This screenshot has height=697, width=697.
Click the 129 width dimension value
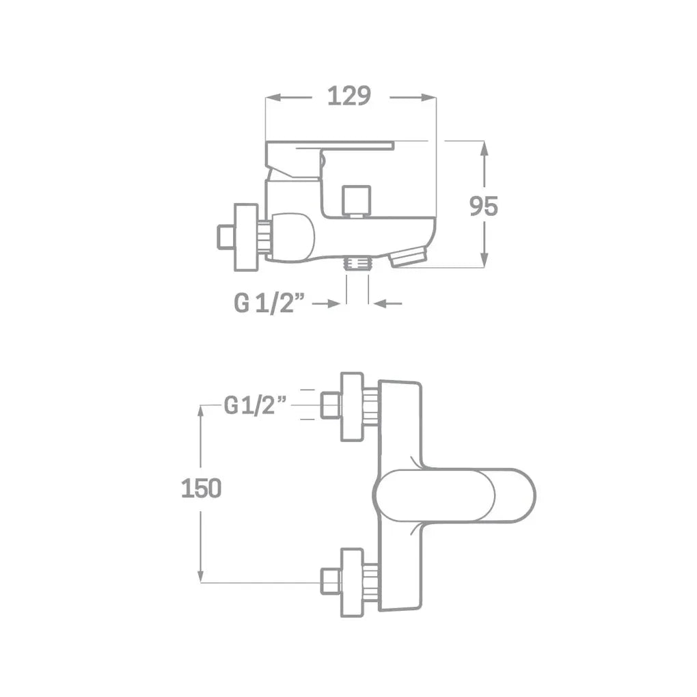349,96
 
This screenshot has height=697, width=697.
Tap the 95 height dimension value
484,206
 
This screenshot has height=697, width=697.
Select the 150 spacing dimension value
201,489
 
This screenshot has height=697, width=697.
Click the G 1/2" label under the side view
269,303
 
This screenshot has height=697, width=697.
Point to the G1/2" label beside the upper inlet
255,405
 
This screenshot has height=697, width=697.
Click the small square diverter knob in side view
357,200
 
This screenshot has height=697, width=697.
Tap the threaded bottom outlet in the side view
357,262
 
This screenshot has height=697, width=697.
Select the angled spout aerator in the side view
408,258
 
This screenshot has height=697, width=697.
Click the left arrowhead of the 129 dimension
273,98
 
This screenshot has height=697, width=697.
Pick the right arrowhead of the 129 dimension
428,98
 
